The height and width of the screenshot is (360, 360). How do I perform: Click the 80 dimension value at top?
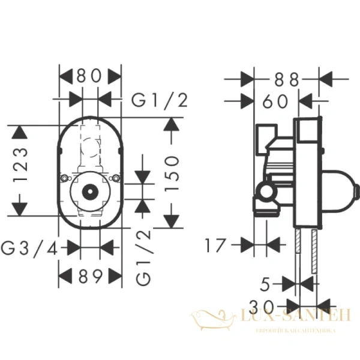(90, 77)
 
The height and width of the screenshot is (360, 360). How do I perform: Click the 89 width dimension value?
(90, 277)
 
